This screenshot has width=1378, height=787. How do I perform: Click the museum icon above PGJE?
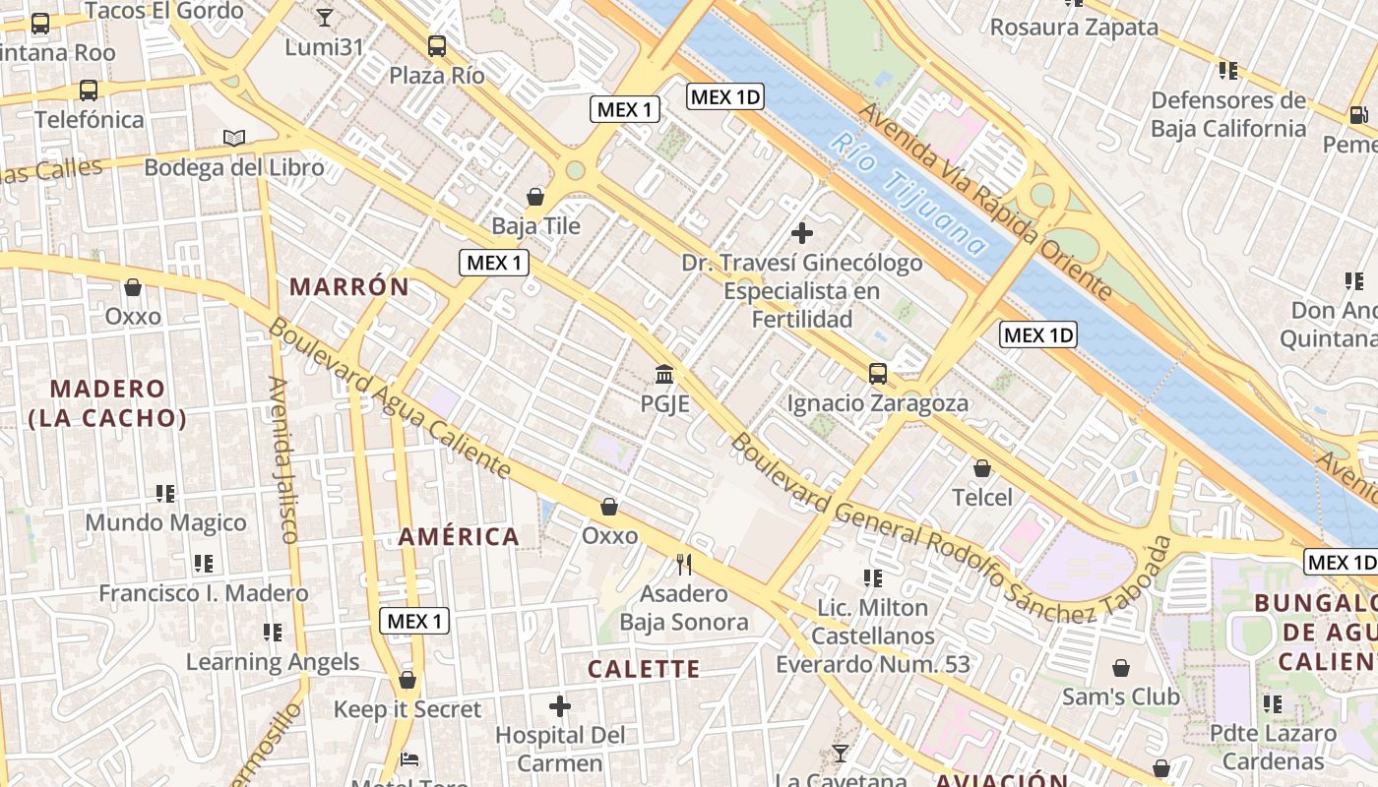664,375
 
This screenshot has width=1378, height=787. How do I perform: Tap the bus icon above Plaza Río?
437,45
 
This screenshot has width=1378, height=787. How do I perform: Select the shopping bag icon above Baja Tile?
535,197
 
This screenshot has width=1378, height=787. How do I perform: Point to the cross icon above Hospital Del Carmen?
560,706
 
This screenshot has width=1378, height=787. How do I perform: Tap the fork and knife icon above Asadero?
684,564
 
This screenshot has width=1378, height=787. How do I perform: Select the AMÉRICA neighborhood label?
459,537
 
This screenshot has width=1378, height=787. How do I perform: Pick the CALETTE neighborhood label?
644,670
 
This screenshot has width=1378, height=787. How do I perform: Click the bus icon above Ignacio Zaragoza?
877,374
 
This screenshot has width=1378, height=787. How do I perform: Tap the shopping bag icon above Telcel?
981,468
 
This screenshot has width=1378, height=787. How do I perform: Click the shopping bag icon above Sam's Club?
1120,668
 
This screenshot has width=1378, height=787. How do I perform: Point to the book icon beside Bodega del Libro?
234,139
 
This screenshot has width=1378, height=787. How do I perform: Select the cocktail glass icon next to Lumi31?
325,17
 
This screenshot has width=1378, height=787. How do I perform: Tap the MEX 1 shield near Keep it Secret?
414,621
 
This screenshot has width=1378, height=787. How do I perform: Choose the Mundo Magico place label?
165,522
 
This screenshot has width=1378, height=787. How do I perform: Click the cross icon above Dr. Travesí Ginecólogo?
802,233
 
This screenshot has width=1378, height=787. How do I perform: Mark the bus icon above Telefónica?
89,91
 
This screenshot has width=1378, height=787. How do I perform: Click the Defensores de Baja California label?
1227,114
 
